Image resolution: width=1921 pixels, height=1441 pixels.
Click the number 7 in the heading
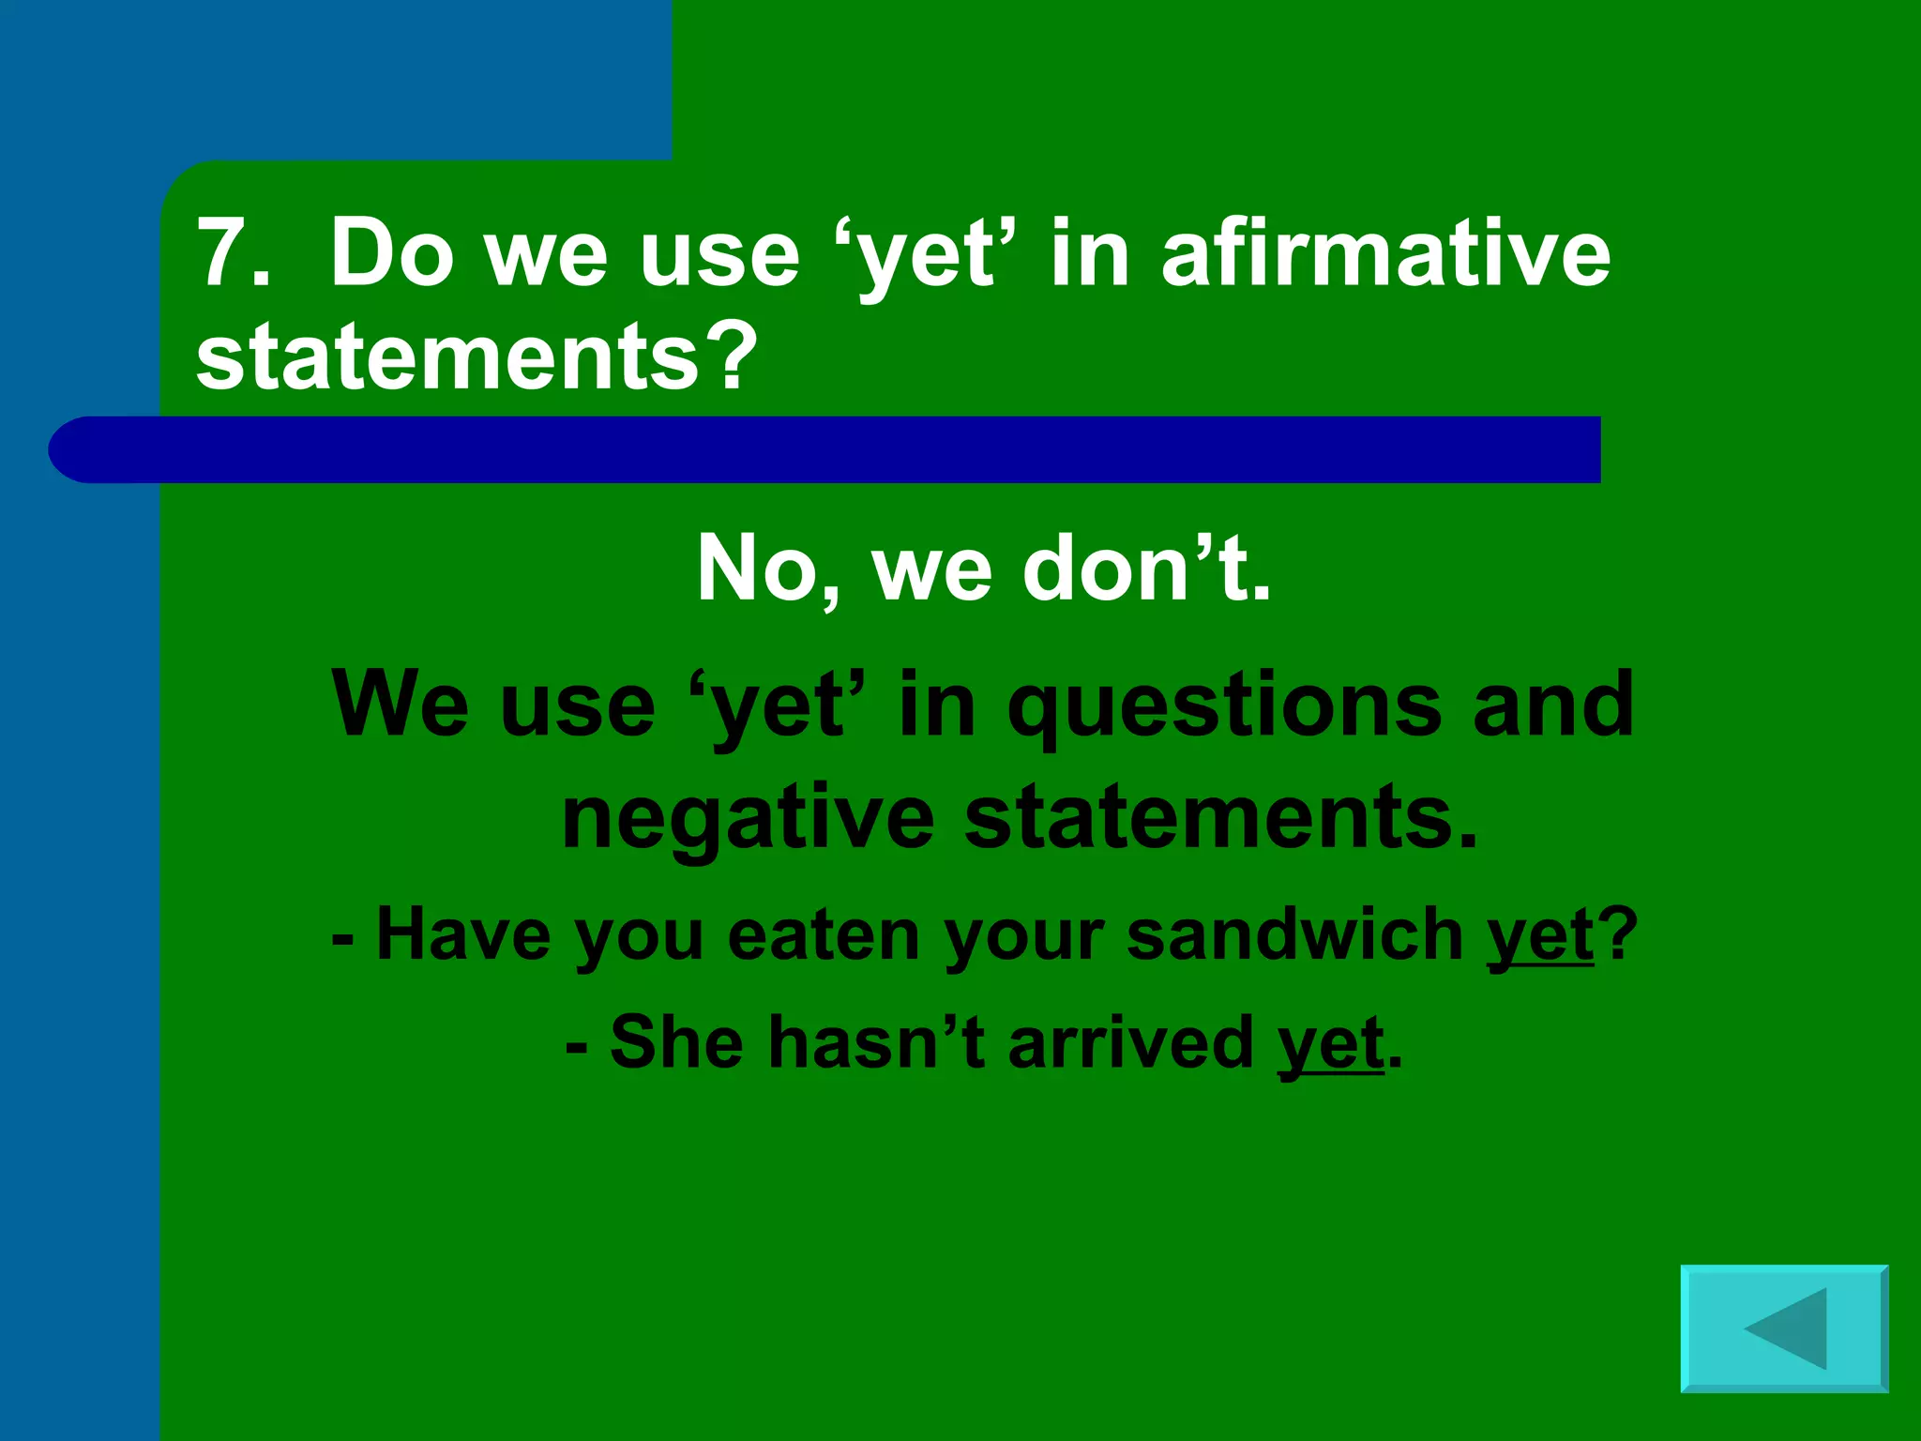pyautogui.click(x=222, y=252)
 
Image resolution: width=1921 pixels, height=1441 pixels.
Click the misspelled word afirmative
pyautogui.click(x=1385, y=252)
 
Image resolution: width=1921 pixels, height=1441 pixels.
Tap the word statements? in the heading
pyautogui.click(x=476, y=356)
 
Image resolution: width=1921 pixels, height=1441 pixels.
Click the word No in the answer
pyautogui.click(x=756, y=569)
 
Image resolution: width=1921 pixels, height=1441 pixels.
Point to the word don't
pyautogui.click(x=1145, y=569)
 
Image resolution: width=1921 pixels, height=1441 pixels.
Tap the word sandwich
pyautogui.click(x=1294, y=934)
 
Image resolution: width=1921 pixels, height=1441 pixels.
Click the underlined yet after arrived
pyautogui.click(x=1330, y=1043)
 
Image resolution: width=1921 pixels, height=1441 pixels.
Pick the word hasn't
pyautogui.click(x=876, y=1042)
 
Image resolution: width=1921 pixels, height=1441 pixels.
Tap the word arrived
pyautogui.click(x=1130, y=1042)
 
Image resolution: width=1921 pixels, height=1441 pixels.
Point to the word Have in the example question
pyautogui.click(x=463, y=934)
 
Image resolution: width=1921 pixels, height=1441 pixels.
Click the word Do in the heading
pyautogui.click(x=392, y=252)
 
